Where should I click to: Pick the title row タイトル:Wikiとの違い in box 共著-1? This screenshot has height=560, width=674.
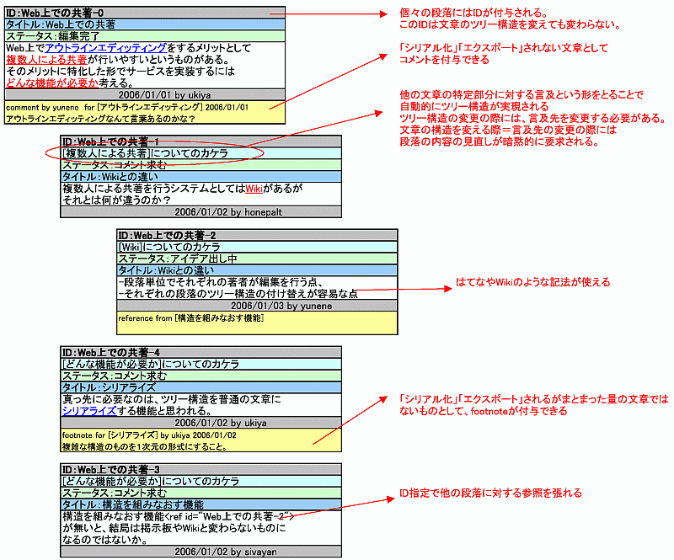(201, 177)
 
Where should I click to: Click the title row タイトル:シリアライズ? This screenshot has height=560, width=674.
(201, 387)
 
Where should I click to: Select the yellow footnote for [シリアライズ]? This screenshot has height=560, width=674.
(201, 440)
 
